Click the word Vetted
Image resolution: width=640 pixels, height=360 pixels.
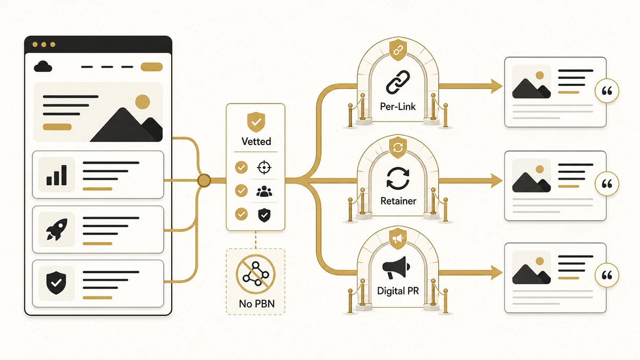click(256, 141)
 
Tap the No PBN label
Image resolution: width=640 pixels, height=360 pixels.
click(257, 303)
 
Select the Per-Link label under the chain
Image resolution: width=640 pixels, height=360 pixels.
click(398, 107)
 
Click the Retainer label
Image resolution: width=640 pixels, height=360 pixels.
click(398, 201)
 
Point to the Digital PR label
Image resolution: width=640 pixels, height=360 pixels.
click(398, 291)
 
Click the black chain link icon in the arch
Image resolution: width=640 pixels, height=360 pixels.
click(398, 82)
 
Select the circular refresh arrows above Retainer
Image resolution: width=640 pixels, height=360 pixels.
click(398, 179)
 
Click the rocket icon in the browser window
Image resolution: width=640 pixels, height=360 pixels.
click(57, 229)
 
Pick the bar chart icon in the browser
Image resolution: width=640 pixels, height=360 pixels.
click(57, 174)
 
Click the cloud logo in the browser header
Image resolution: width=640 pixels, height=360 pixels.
click(43, 66)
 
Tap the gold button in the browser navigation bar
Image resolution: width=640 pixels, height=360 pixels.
click(151, 67)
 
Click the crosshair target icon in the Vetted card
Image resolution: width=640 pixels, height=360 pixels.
click(264, 167)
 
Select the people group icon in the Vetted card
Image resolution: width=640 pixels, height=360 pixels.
click(264, 191)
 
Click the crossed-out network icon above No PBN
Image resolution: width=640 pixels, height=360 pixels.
click(255, 274)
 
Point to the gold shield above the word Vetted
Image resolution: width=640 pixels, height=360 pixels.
click(256, 122)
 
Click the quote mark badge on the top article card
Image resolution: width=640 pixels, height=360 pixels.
click(607, 91)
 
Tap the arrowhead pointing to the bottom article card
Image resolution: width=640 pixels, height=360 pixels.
click(497, 273)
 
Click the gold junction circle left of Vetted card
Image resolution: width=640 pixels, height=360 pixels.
click(204, 181)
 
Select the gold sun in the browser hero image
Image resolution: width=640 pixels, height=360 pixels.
click(142, 102)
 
